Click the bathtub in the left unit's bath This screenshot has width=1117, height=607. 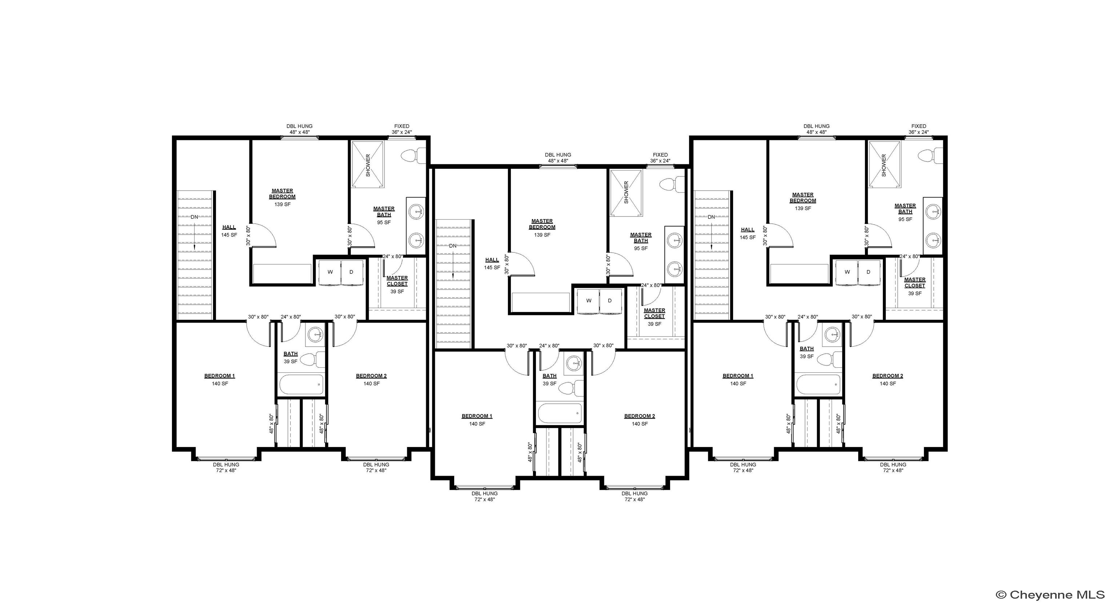coord(301,384)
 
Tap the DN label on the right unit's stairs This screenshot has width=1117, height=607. coord(711,217)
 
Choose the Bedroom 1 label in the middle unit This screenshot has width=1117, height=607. coord(477,416)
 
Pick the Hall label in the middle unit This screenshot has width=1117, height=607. coord(492,260)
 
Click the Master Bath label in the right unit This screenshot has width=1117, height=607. coord(905,208)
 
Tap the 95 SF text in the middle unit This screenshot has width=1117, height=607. coord(641,248)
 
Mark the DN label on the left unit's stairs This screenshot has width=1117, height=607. coord(194,217)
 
